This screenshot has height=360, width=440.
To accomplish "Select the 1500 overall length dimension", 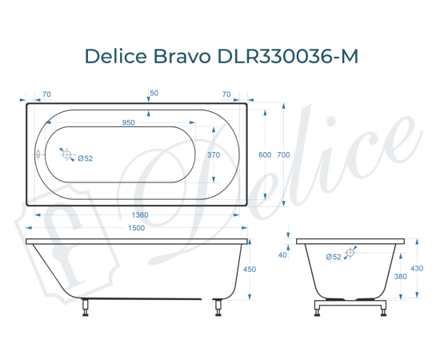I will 136,228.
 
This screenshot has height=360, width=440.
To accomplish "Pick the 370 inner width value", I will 213,154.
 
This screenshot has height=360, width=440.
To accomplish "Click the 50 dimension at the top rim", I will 154,94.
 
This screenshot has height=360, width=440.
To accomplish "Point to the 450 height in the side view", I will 249,270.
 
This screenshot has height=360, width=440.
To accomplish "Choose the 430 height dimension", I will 417,268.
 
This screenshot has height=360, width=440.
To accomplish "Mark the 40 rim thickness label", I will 282,254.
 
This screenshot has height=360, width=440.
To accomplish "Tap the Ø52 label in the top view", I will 86,158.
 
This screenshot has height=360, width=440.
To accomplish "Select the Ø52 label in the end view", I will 334,256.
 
